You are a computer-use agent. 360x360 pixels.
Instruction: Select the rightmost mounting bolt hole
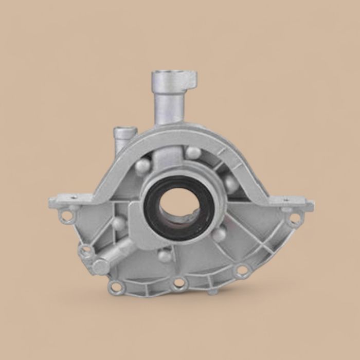point(294,219)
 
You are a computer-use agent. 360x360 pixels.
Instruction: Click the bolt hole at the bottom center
point(179,282)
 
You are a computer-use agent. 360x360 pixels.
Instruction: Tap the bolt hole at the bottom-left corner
point(116,287)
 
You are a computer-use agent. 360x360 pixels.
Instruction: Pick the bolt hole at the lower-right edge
point(242,270)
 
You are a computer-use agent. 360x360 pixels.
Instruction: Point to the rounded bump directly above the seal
point(193,153)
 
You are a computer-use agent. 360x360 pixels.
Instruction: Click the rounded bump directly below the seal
point(165,255)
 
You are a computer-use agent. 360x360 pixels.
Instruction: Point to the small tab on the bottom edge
point(212,292)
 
